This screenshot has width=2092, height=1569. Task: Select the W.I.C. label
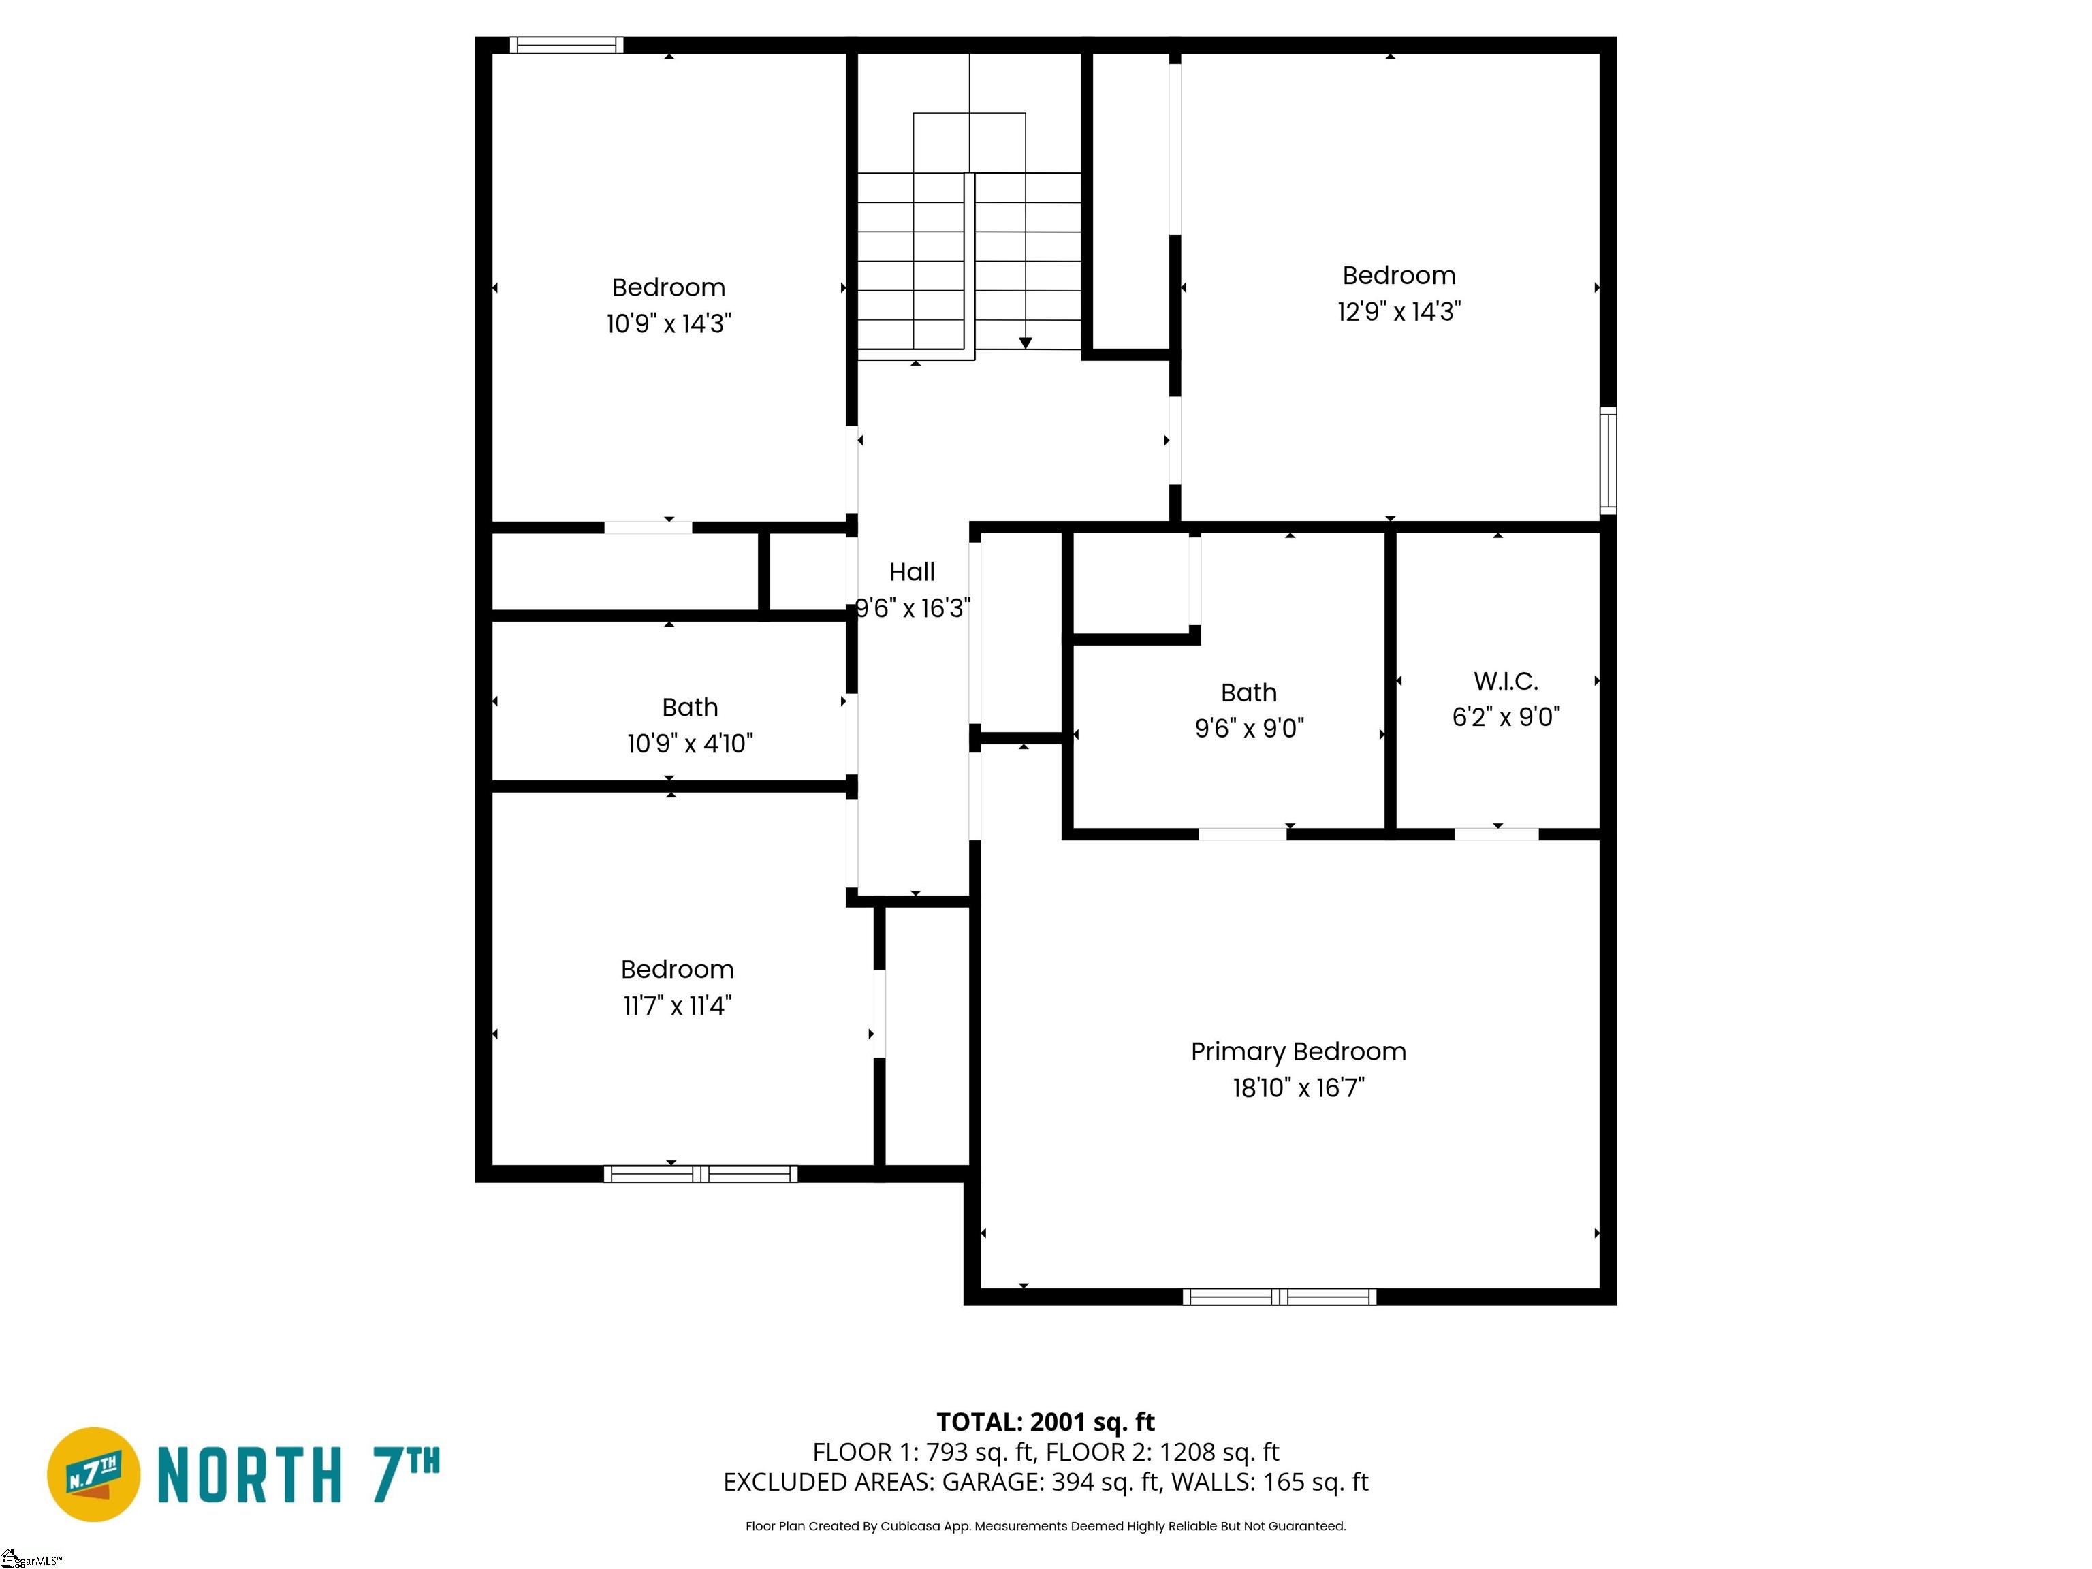tap(1506, 681)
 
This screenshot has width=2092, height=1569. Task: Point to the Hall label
tap(912, 572)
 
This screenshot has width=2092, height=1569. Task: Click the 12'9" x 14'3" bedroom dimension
tap(1399, 311)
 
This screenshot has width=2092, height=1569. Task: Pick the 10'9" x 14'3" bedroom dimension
tap(669, 323)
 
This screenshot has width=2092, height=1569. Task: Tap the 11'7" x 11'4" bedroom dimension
tap(677, 1005)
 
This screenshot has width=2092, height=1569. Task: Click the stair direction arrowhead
tap(1025, 343)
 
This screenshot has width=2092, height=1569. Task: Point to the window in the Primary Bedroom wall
tap(1279, 1297)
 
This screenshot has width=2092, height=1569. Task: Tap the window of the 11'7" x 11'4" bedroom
tap(700, 1173)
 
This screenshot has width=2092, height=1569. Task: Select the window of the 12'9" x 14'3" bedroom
tap(1608, 460)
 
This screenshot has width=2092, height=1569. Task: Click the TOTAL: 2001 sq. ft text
tap(1045, 1423)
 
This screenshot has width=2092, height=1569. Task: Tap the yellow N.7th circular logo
tap(93, 1474)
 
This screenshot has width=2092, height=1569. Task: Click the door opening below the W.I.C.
tap(1496, 834)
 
